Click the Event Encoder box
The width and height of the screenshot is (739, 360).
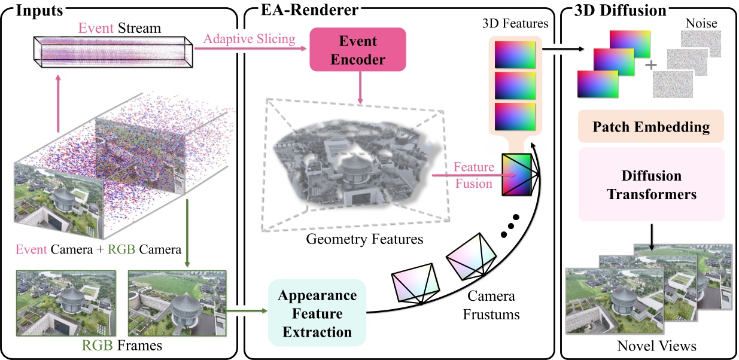tap(357, 51)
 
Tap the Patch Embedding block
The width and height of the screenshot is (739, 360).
tap(650, 127)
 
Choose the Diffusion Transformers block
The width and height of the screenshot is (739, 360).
tap(650, 185)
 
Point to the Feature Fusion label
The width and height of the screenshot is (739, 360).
tap(473, 175)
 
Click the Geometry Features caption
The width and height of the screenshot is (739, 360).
tap(356, 240)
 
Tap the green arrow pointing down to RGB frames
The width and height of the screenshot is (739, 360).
tap(187, 233)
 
